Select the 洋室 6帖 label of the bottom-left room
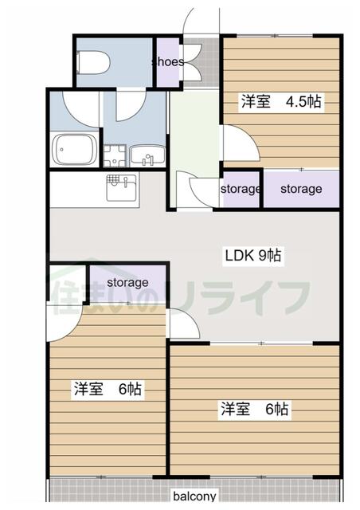[108, 390]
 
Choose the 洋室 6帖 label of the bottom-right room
[254, 409]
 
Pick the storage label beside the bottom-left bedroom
[127, 282]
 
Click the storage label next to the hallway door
[240, 189]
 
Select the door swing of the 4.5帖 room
[237, 143]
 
